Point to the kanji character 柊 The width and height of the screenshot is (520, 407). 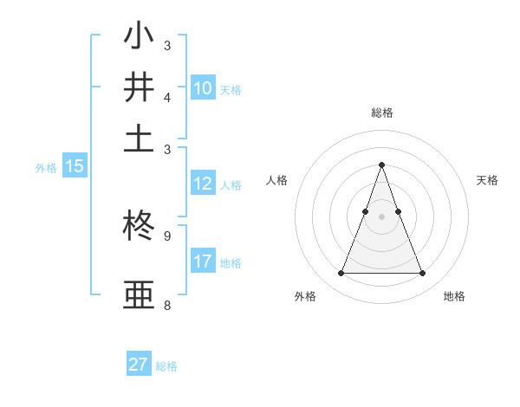(139, 229)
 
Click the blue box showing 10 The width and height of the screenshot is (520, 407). (203, 87)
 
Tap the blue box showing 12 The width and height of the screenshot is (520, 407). (203, 184)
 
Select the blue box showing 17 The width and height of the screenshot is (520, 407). (203, 262)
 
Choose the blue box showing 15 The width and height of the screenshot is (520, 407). (75, 167)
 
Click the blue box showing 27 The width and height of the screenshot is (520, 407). (139, 365)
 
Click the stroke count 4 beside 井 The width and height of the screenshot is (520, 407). (166, 96)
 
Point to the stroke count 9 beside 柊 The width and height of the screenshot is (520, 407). (166, 236)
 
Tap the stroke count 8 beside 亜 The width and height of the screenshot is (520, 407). (166, 305)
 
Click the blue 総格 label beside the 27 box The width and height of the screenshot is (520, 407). (166, 366)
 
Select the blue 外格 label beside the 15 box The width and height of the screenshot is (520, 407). (46, 168)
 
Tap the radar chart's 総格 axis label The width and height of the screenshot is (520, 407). (381, 113)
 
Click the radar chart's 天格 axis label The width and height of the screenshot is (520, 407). (488, 180)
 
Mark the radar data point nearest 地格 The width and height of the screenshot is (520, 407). (422, 274)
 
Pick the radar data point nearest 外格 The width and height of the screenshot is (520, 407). (341, 274)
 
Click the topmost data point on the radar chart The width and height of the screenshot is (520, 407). (381, 165)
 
